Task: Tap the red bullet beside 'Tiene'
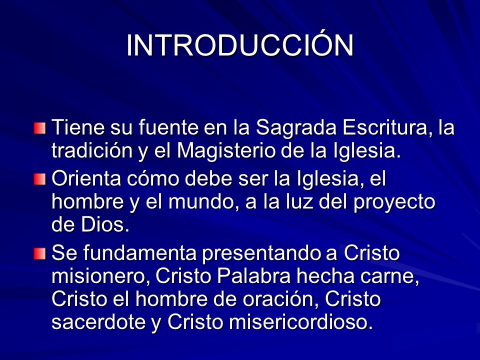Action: (x=39, y=128)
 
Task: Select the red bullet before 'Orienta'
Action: (x=39, y=179)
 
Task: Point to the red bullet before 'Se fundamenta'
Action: (x=39, y=254)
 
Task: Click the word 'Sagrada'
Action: (x=296, y=128)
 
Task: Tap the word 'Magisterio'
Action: (x=226, y=151)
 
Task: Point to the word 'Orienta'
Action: (x=86, y=178)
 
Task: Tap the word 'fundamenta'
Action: (x=139, y=253)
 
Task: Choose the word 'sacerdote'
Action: (x=98, y=322)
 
